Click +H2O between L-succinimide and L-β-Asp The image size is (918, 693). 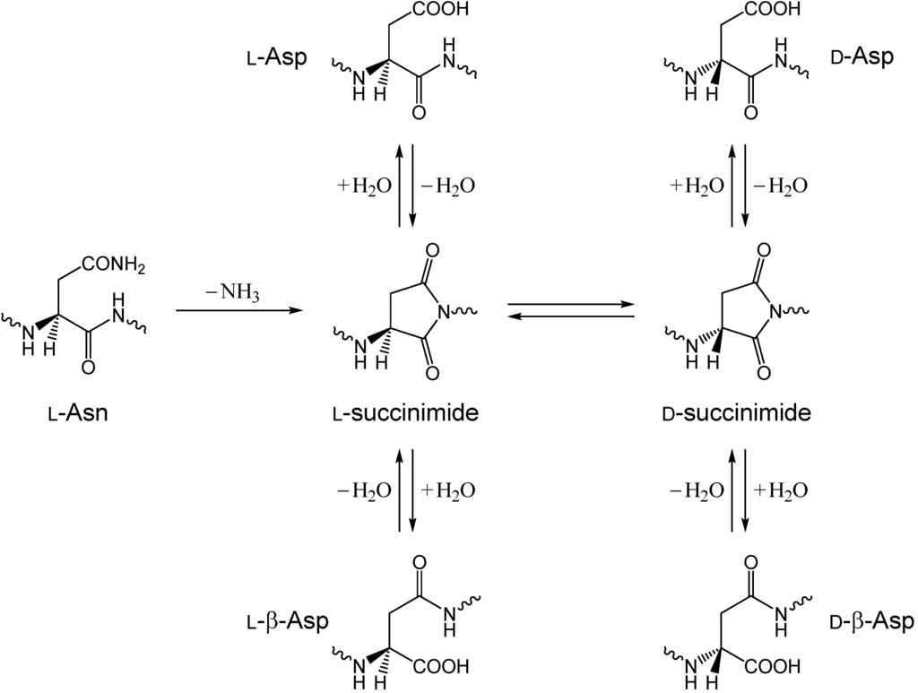tap(446, 490)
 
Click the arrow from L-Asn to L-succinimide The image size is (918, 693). tap(238, 310)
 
